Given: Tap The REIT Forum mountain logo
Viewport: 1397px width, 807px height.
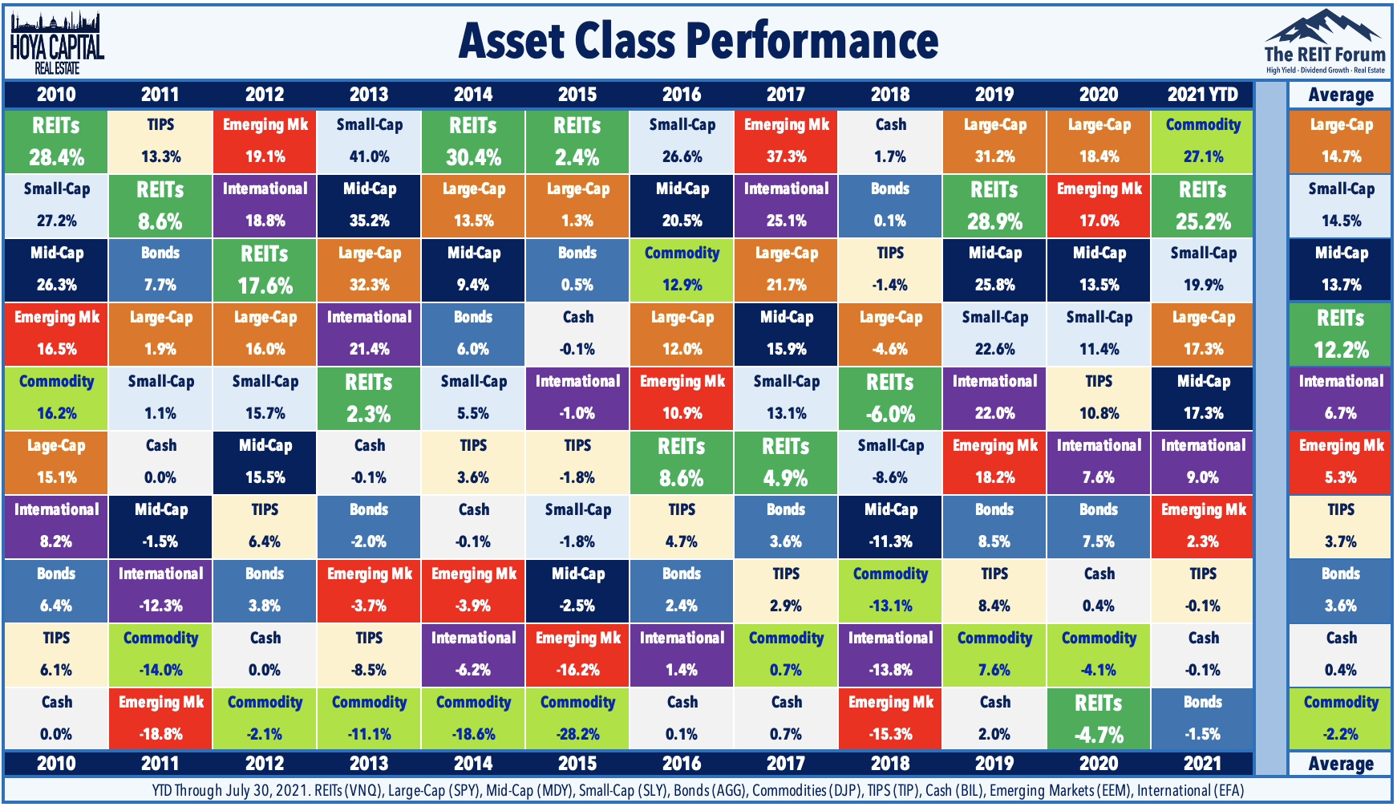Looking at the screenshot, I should tap(1324, 40).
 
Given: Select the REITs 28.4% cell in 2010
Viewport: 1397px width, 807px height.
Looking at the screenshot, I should tap(56, 141).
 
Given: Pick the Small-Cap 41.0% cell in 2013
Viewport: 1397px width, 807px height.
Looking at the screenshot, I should tap(369, 141).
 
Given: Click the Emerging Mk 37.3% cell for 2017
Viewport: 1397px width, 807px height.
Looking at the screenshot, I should tap(786, 141).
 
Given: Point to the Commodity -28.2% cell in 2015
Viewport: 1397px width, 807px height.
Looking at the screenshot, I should tap(577, 719).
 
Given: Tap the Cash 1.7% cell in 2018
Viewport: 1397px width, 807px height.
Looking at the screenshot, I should tap(890, 141).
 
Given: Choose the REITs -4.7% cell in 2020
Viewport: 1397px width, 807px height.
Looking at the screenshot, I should tap(1099, 719).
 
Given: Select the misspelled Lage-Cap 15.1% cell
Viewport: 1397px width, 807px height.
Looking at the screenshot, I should tap(56, 462).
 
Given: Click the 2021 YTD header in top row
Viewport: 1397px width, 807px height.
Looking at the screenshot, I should tap(1202, 95).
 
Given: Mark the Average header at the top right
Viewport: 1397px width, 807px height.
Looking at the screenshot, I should tap(1340, 95).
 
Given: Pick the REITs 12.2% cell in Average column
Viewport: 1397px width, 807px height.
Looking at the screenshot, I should tap(1340, 334).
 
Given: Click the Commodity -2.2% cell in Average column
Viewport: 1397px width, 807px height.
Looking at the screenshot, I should tap(1340, 719).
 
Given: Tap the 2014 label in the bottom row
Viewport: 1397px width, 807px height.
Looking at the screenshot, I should tap(473, 763).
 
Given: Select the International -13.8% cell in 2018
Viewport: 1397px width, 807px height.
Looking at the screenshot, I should tap(890, 655).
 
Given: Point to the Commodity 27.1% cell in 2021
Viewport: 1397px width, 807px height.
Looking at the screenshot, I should tap(1202, 141).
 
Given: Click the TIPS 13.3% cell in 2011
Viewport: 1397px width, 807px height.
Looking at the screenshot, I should tap(160, 141).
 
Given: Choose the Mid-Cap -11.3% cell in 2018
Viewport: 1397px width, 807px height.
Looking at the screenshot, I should tap(890, 526).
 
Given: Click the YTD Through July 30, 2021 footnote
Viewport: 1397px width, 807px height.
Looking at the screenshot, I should tap(698, 791).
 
